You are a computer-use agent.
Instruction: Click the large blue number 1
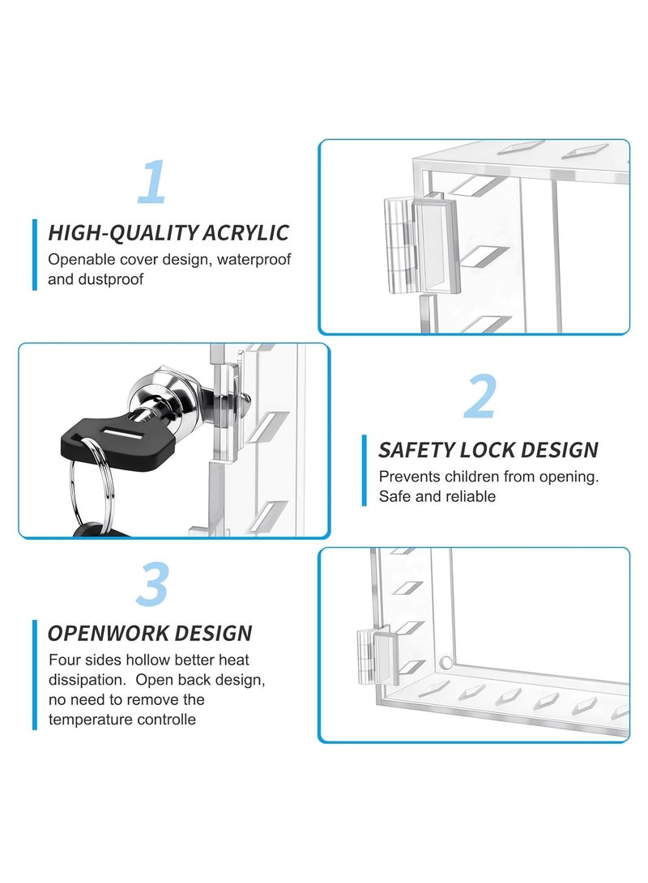tap(152, 182)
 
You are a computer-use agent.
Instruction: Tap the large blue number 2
tap(480, 397)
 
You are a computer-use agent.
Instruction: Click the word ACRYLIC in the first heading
tap(245, 233)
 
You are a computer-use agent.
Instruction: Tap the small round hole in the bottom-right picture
tap(445, 664)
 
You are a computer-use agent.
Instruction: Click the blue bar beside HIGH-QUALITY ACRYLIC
tap(35, 254)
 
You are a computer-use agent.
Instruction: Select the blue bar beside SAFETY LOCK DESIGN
tap(364, 470)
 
